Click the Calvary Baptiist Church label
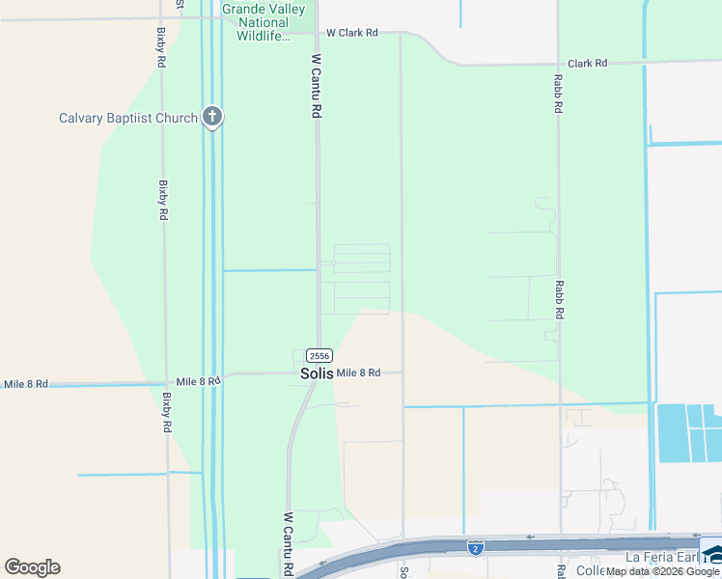tap(127, 119)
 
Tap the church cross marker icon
tap(212, 118)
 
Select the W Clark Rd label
tap(350, 33)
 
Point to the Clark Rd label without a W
tap(588, 64)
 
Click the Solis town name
tap(316, 373)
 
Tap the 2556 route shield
tap(320, 355)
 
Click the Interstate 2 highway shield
tap(475, 547)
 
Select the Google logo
tap(32, 567)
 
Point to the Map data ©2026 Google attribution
tap(662, 571)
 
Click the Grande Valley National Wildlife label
tap(264, 22)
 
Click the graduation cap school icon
tap(712, 554)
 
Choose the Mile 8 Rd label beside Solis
tap(358, 372)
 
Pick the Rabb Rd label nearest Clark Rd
tap(558, 96)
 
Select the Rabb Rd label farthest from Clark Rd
tap(558, 299)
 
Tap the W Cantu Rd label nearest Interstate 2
tap(288, 544)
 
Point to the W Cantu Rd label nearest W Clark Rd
tap(316, 86)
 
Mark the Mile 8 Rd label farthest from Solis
tap(26, 384)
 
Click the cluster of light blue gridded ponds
tap(688, 431)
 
